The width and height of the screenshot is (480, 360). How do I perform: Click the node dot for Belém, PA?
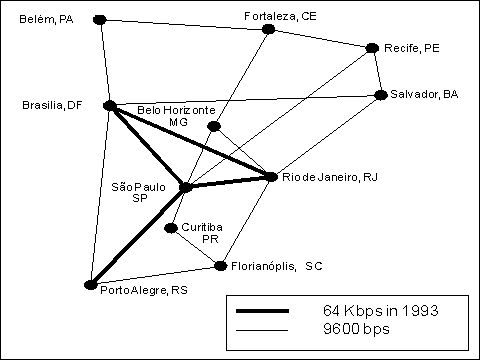99,19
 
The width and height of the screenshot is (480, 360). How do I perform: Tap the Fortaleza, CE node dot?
268,29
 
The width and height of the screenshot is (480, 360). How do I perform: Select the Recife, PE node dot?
372,47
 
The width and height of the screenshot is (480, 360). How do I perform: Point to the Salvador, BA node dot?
381,95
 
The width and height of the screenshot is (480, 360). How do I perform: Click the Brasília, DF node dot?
110,104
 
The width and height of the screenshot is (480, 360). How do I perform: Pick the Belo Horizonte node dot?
213,126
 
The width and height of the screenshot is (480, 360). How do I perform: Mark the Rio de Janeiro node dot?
270,177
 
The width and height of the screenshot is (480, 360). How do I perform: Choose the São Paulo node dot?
185,187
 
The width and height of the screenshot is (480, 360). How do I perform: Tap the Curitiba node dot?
172,228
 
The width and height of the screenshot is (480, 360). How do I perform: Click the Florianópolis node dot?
220,265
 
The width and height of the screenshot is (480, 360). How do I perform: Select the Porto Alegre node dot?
91,285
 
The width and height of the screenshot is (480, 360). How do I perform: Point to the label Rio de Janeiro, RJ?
328,177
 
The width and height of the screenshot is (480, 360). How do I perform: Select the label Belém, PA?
46,19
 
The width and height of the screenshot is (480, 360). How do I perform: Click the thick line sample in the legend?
262,310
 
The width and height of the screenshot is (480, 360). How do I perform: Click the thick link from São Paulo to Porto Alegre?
138,236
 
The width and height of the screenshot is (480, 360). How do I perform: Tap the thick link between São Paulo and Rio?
228,182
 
